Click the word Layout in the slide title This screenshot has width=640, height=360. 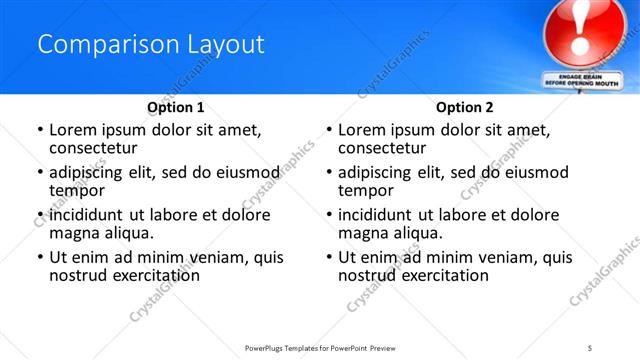click(x=226, y=45)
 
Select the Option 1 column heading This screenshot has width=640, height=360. click(x=176, y=106)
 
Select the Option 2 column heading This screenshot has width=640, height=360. click(x=465, y=106)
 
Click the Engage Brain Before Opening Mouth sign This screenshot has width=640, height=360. click(x=577, y=80)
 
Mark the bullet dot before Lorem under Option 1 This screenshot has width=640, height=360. click(x=39, y=130)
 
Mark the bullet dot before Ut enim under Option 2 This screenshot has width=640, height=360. click(x=328, y=257)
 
